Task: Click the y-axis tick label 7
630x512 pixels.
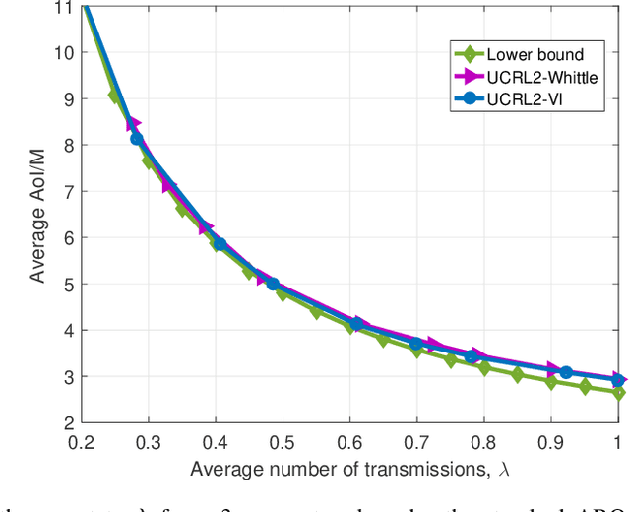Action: pyautogui.click(x=67, y=192)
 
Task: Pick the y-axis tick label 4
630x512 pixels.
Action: pyautogui.click(x=67, y=331)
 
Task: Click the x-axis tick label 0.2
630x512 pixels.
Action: pyautogui.click(x=82, y=442)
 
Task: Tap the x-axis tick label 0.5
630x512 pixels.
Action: pyautogui.click(x=283, y=442)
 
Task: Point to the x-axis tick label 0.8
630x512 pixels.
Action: pyautogui.click(x=483, y=442)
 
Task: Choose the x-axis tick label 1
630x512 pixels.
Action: pyautogui.click(x=617, y=442)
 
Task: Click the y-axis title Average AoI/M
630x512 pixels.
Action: pyautogui.click(x=36, y=215)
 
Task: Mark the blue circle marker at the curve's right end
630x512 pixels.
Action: pyautogui.click(x=617, y=380)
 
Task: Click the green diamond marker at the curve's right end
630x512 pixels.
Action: pyautogui.click(x=617, y=392)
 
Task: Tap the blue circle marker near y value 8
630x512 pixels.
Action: pyautogui.click(x=137, y=139)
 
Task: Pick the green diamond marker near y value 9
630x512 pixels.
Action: pyautogui.click(x=114, y=96)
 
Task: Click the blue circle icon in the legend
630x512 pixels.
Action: pyautogui.click(x=471, y=98)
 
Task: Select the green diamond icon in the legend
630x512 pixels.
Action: pyautogui.click(x=471, y=54)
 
